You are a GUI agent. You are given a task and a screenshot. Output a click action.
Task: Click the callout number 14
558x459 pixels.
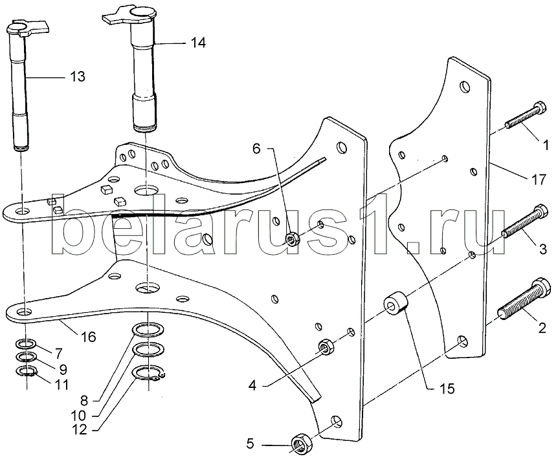(198, 43)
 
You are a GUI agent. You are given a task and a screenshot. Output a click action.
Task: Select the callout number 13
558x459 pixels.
(78, 77)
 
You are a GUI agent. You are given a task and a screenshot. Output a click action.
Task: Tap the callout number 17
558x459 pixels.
(539, 180)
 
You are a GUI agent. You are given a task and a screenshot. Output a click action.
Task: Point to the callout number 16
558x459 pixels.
(88, 336)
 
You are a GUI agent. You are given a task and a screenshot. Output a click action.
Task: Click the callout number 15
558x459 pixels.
(447, 389)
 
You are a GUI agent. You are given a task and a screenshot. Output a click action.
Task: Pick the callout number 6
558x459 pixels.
(256, 149)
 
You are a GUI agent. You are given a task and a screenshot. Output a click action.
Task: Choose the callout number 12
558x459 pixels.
(80, 430)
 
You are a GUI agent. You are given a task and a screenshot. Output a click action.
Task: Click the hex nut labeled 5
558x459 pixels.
(302, 443)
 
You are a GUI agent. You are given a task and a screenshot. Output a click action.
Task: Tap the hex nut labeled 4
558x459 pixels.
(325, 346)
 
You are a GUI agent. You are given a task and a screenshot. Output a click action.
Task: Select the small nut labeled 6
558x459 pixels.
(292, 239)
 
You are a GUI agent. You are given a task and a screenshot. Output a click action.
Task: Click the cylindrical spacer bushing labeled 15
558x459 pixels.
(395, 303)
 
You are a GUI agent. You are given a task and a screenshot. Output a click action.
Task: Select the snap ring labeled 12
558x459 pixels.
(148, 374)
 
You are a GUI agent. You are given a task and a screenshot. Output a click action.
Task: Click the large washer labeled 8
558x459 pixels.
(148, 330)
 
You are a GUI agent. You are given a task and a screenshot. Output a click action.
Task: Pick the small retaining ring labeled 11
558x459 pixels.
(26, 371)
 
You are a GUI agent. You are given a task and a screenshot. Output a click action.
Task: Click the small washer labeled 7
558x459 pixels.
(26, 344)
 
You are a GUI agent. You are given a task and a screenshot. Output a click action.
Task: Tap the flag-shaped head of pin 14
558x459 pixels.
(131, 17)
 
